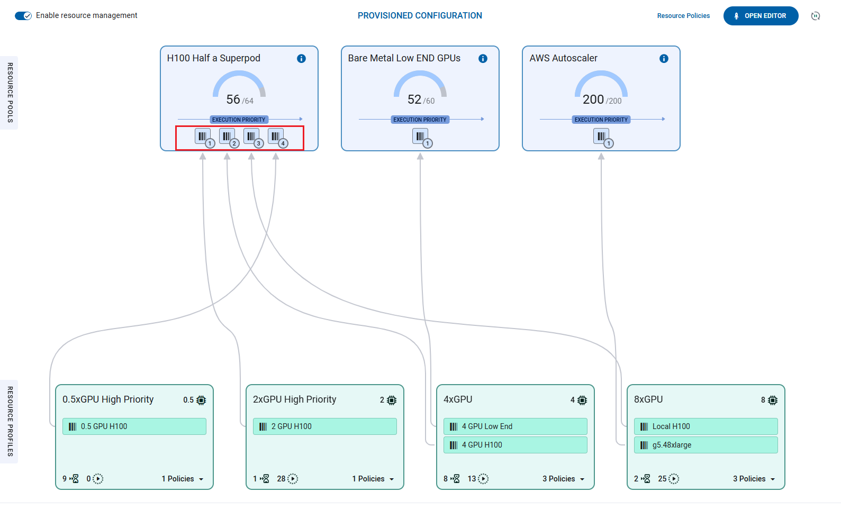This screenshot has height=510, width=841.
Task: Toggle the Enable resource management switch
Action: pos(23,16)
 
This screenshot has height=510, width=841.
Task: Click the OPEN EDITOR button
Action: pos(761,16)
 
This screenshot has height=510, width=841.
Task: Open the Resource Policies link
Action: pos(683,16)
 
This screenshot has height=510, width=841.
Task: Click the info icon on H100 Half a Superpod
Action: pos(301,59)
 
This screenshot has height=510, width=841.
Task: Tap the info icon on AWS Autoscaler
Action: pos(664,59)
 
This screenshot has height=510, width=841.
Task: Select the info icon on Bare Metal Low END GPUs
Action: pos(483,59)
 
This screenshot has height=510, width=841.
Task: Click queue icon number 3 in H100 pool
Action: pos(251,136)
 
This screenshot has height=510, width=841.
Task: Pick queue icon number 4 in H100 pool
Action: pos(276,136)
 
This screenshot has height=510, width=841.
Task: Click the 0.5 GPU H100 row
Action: pos(134,426)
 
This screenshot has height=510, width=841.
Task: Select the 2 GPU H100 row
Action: pos(325,426)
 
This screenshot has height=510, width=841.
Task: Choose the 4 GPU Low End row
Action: pos(516,426)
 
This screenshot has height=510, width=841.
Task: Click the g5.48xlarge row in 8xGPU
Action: pos(706,445)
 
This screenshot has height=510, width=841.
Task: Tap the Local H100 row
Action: pos(706,426)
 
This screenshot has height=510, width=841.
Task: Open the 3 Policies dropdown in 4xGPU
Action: pos(564,479)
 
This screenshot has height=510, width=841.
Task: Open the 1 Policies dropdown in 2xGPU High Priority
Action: pos(373,479)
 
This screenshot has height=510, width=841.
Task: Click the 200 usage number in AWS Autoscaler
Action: pos(593,99)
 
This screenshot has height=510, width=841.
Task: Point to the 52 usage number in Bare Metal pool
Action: pos(414,99)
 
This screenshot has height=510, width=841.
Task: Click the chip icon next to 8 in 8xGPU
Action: pos(773,400)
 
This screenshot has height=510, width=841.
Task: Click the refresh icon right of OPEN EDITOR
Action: pos(816,16)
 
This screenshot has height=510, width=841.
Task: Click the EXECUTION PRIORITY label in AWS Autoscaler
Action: pos(601,120)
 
